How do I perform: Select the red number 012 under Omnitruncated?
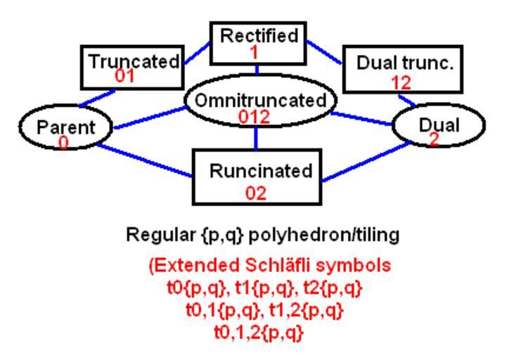click(x=255, y=117)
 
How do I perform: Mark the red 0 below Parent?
click(x=64, y=143)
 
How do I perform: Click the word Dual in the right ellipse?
click(x=439, y=125)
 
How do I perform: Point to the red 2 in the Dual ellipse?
click(x=434, y=140)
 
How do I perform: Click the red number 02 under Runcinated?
click(x=255, y=192)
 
